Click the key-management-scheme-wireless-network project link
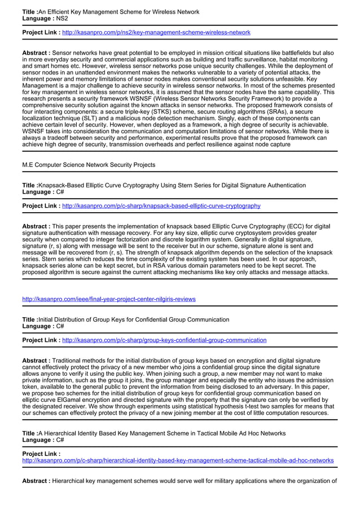tap(156, 33)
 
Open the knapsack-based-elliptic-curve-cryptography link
tap(161, 206)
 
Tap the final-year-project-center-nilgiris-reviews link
tap(108, 299)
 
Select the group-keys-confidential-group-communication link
tap(164, 340)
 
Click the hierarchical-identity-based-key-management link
tap(177, 460)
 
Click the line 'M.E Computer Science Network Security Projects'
tap(89, 165)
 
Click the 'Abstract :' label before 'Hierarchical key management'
tap(36, 481)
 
